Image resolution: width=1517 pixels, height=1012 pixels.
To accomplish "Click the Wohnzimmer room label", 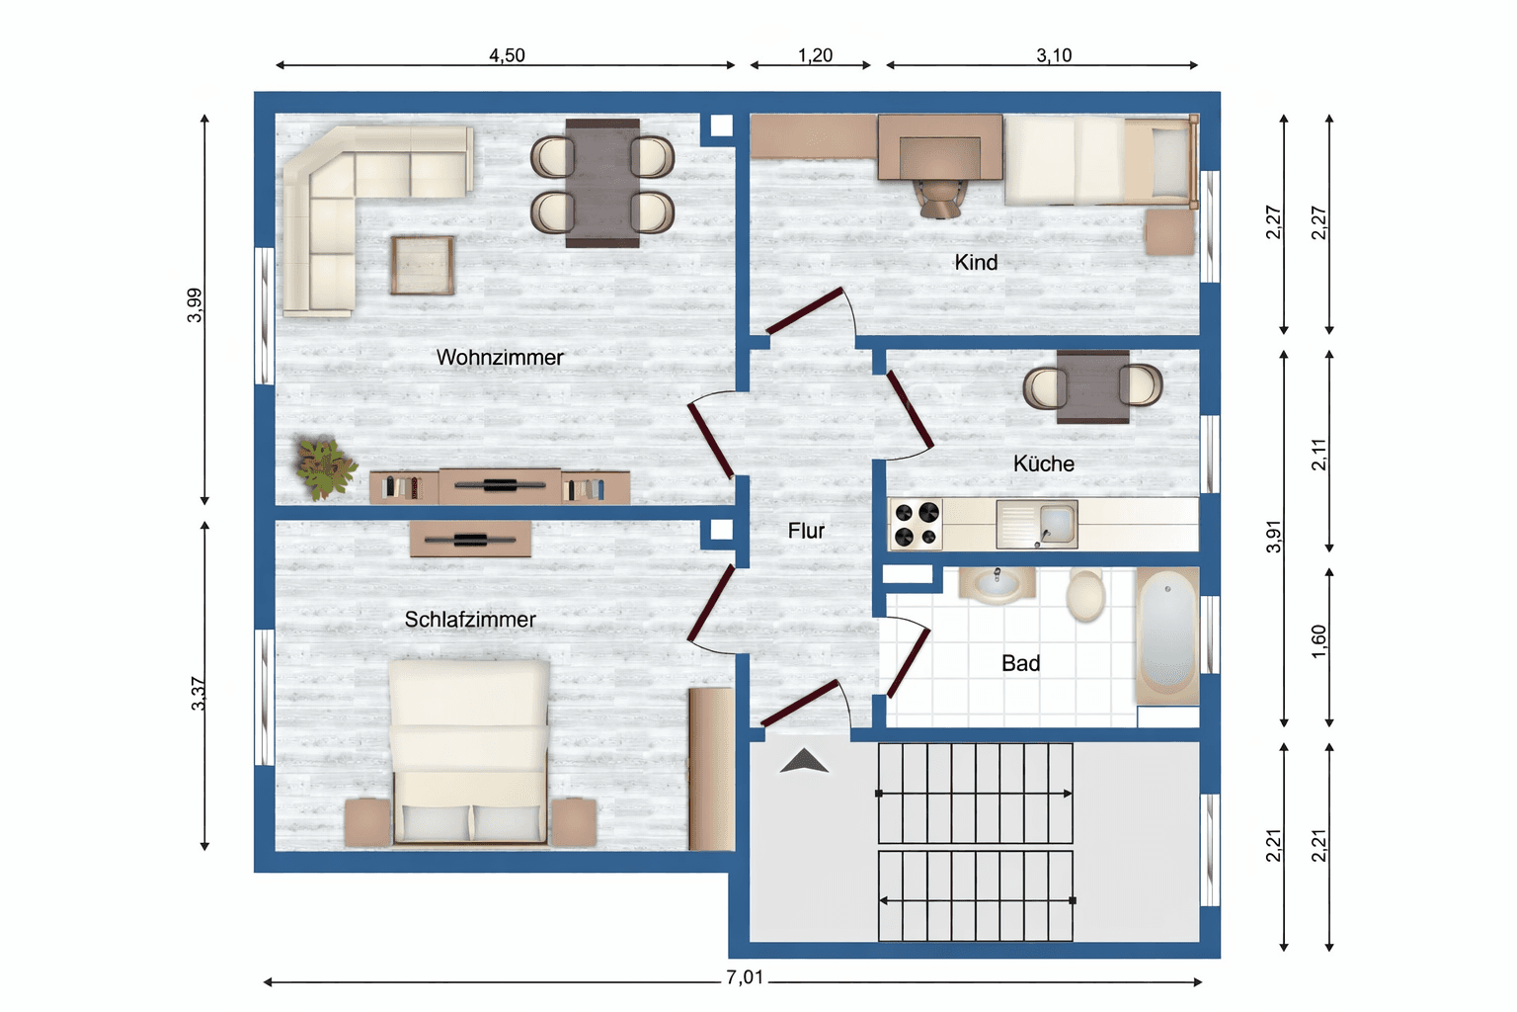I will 500,358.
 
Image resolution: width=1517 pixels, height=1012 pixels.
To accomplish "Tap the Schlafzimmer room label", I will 470,620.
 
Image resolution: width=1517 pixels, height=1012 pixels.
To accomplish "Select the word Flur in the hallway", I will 806,531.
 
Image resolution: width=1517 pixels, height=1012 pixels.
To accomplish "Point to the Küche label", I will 1043,464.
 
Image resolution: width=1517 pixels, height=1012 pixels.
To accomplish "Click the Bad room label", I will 1020,663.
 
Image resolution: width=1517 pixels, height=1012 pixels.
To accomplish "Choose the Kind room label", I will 976,263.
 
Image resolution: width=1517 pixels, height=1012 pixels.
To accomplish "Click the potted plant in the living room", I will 324,466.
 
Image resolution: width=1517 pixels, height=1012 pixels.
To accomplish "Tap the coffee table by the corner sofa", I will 423,265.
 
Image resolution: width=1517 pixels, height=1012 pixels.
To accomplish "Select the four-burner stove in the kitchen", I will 917,525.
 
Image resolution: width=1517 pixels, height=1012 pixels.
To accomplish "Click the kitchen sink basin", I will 1056,522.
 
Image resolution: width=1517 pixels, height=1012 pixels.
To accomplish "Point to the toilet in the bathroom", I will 1085,593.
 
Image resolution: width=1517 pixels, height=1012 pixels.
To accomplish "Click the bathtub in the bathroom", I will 1167,635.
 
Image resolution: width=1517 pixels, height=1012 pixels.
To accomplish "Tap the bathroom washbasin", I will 996,584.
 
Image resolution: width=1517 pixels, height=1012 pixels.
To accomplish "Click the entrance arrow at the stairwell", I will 804,761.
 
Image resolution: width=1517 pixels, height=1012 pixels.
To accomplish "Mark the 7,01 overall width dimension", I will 745,977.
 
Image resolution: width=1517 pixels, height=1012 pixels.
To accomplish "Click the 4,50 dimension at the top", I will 507,55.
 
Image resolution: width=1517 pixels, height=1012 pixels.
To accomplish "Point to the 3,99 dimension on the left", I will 195,304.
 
